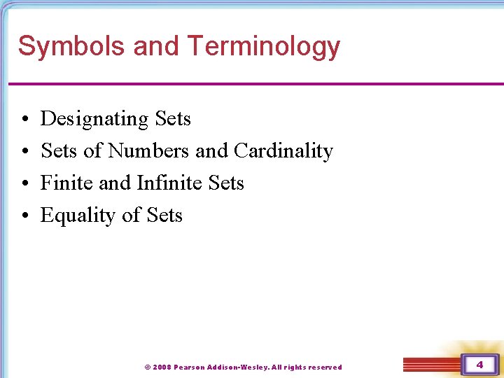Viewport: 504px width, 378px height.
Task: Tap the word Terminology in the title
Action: [x=263, y=46]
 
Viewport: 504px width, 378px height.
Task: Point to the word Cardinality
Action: [x=283, y=150]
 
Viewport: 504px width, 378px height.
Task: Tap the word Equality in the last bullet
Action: [x=78, y=216]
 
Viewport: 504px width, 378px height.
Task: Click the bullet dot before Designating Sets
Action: [x=24, y=120]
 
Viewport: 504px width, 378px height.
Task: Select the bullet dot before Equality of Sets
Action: [x=24, y=216]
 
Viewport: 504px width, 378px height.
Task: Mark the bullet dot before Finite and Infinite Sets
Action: [x=24, y=184]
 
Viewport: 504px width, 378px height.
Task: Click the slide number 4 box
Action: [x=479, y=365]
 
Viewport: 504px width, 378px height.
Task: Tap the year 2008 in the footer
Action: [x=161, y=367]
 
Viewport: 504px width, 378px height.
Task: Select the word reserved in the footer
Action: [x=325, y=367]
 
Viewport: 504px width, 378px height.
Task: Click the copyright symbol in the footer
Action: [x=147, y=367]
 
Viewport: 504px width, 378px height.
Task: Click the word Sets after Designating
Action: [x=173, y=119]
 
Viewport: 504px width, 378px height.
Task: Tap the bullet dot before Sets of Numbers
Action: [x=24, y=152]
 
